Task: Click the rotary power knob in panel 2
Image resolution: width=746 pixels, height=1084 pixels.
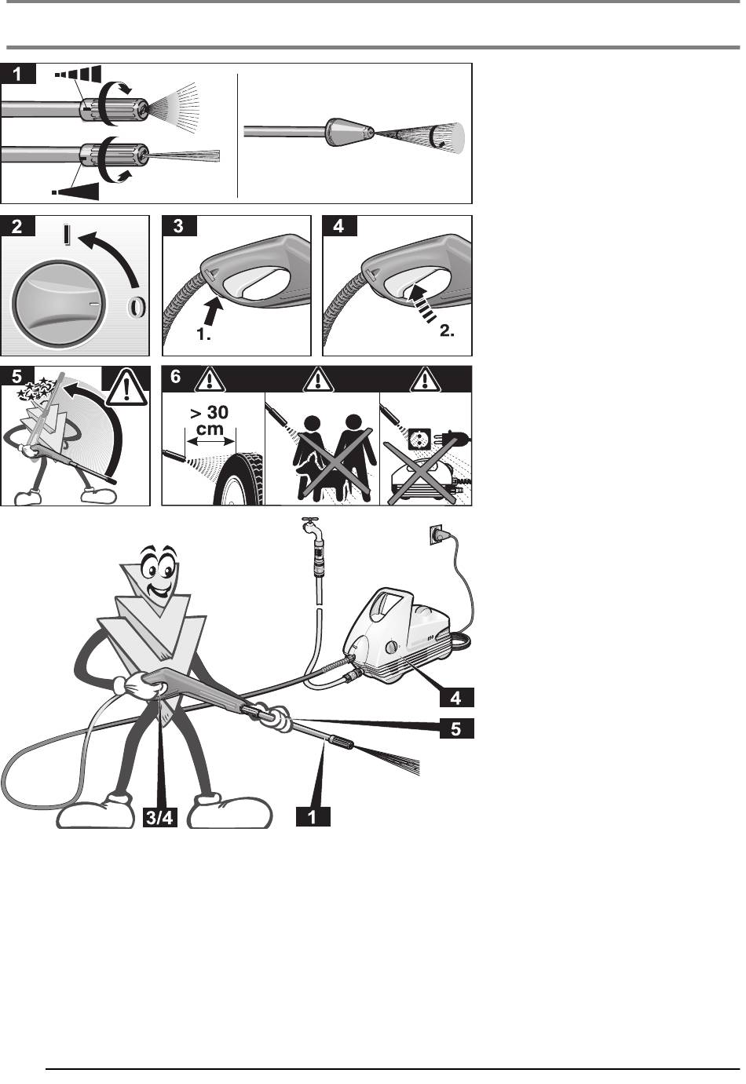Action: click(57, 304)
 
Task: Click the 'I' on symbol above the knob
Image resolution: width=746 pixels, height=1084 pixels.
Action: click(67, 233)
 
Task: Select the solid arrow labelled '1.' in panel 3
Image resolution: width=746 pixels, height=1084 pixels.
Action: click(214, 311)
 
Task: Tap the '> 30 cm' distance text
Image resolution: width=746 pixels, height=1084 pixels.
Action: click(210, 420)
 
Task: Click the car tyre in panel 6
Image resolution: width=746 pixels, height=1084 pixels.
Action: click(240, 477)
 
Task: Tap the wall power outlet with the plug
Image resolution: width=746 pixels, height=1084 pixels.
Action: click(438, 535)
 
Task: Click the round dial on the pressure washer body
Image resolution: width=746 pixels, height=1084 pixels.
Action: click(392, 647)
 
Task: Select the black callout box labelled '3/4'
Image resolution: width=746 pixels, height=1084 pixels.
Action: click(159, 817)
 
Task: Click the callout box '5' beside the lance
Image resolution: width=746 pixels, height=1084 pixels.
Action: click(456, 728)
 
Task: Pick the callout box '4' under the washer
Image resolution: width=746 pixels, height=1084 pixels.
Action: click(456, 697)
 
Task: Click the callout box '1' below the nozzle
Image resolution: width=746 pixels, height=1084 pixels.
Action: click(313, 817)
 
